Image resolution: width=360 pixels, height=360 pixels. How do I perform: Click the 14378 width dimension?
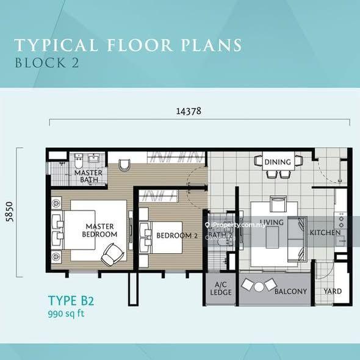(189, 111)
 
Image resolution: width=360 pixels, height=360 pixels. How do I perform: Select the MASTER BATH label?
(88, 176)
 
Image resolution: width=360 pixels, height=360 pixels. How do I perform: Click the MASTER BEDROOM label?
(100, 230)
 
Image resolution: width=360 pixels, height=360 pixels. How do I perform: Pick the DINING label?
(278, 162)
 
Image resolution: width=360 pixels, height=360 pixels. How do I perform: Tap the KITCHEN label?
(325, 233)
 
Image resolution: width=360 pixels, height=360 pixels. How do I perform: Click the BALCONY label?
(290, 291)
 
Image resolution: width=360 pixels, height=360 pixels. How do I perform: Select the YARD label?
(333, 291)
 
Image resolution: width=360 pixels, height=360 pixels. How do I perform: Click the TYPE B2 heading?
(71, 301)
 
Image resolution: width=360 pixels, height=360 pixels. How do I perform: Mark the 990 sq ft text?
(68, 315)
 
